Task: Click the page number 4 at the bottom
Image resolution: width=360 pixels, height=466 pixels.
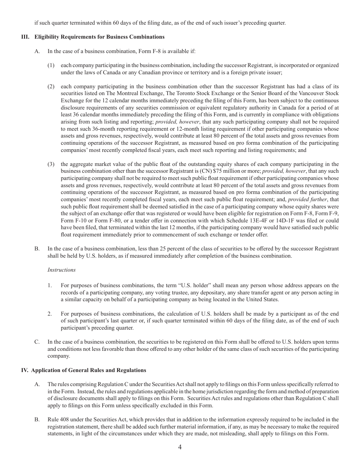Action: (x=180, y=447)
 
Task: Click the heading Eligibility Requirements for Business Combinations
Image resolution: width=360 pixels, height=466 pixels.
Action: (x=99, y=37)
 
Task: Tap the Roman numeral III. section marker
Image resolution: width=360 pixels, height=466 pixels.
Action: (x=26, y=37)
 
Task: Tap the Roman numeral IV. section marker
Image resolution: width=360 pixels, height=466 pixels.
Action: (x=25, y=370)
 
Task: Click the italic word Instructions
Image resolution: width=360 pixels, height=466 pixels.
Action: (x=61, y=270)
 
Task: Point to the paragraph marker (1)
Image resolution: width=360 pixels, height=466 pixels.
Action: (x=51, y=65)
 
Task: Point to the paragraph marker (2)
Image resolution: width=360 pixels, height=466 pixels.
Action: (x=51, y=86)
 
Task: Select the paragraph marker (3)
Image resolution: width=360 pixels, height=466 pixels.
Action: (x=51, y=164)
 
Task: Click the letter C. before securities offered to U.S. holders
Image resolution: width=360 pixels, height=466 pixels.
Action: (x=37, y=342)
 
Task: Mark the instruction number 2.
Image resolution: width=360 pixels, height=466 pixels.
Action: (x=50, y=314)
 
